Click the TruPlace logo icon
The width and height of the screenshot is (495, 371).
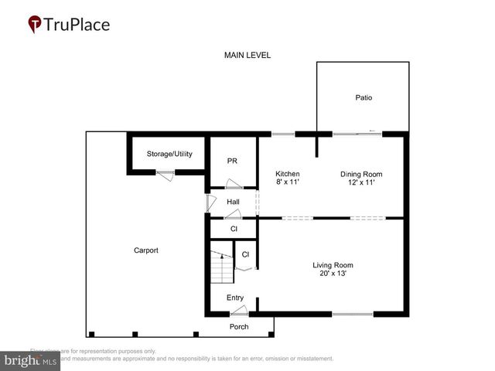(36, 25)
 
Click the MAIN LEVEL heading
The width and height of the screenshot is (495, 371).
(247, 55)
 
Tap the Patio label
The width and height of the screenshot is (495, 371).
(364, 98)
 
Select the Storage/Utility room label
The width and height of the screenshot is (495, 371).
(169, 154)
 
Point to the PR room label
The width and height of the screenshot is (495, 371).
(231, 161)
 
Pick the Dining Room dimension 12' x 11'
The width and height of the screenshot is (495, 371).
(361, 183)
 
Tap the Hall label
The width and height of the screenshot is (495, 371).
(233, 203)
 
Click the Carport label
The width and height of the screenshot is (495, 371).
(145, 250)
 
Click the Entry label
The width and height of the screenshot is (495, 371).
(235, 298)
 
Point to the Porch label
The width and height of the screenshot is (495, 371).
(239, 326)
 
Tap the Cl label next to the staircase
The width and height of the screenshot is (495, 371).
(245, 254)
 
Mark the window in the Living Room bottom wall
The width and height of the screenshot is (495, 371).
(353, 314)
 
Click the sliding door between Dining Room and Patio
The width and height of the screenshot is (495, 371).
(357, 134)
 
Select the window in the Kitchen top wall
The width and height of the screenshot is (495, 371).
(282, 134)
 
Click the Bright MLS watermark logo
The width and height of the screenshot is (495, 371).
(31, 359)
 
